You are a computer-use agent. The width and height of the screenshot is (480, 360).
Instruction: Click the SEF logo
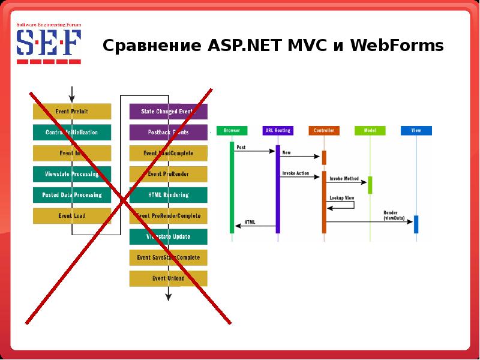(x=48, y=43)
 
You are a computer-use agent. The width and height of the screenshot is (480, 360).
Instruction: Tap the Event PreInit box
(x=72, y=111)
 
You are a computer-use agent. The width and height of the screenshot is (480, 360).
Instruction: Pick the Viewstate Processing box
(x=72, y=174)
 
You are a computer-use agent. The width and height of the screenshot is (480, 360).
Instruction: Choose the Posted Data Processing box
(x=72, y=195)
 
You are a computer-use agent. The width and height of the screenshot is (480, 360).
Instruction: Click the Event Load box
(x=72, y=216)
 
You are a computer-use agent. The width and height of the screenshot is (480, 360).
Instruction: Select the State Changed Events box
(x=169, y=111)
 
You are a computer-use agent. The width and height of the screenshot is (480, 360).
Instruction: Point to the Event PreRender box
(x=169, y=174)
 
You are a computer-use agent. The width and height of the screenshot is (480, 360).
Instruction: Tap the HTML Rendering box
(x=169, y=195)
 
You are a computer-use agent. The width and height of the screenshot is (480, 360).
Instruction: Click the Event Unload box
(x=169, y=278)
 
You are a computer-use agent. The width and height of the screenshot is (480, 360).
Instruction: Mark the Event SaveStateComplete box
(x=169, y=257)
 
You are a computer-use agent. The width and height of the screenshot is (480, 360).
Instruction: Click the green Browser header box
(x=232, y=130)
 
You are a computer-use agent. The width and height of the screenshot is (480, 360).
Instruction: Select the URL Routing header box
(x=277, y=130)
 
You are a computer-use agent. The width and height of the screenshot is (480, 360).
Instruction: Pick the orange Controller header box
(x=324, y=130)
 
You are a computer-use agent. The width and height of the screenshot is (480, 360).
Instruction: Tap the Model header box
(x=370, y=130)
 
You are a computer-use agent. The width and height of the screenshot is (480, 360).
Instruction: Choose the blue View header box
(x=416, y=130)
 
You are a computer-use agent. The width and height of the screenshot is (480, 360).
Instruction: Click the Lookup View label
(x=341, y=197)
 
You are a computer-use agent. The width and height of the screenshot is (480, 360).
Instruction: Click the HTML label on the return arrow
(x=250, y=222)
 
